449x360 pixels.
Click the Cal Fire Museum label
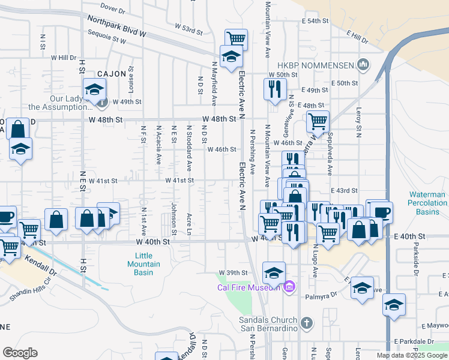249,286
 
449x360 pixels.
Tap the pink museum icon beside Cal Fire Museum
289,286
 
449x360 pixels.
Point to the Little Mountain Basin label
143,264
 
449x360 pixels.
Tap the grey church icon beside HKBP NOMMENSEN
363,64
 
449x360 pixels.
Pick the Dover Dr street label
113,8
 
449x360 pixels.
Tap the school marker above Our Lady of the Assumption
94,89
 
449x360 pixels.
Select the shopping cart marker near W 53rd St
237,39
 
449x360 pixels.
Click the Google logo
20,353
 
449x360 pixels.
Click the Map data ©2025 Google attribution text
411,355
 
